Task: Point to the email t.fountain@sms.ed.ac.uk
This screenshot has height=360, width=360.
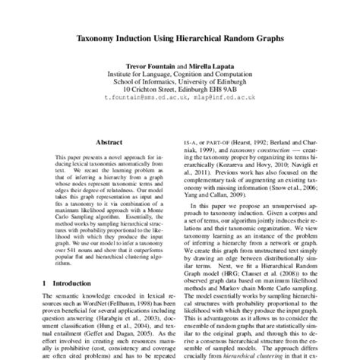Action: pos(144,97)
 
